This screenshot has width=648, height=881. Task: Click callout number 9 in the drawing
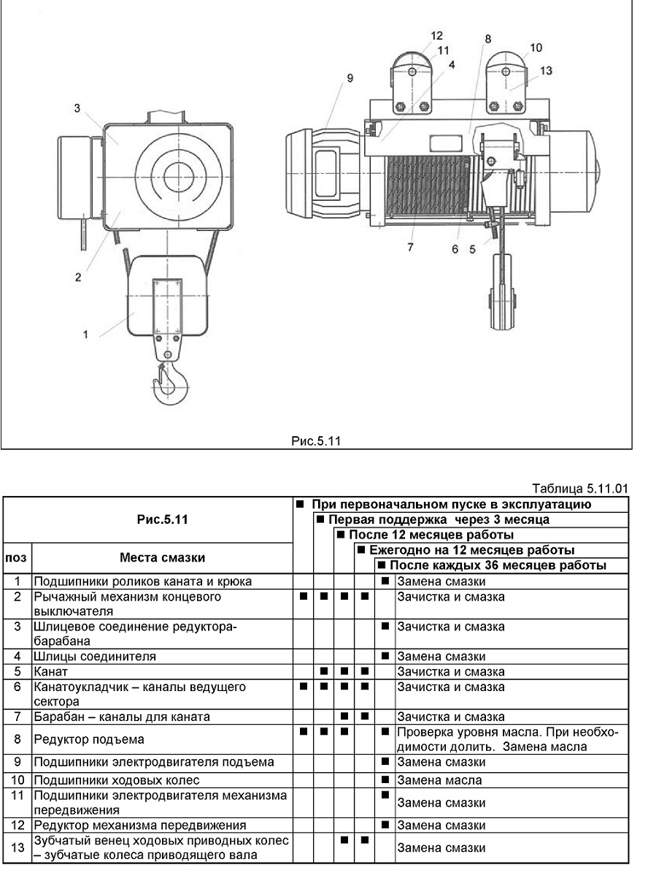pos(350,78)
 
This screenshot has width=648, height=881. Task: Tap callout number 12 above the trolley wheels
pos(436,36)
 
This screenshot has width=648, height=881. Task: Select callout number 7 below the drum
pos(410,247)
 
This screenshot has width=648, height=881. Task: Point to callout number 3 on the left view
pos(77,108)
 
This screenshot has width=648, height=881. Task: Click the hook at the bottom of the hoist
pos(171,383)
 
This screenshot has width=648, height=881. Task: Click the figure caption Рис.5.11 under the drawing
pos(316,441)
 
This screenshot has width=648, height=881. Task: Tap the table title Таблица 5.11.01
pos(580,489)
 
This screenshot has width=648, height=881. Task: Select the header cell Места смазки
pos(162,557)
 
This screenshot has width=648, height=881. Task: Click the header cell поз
pos(16,557)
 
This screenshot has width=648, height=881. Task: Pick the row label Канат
pos(50,671)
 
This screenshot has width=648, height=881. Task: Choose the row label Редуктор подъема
pos(89,739)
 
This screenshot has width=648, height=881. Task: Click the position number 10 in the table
pos(18,780)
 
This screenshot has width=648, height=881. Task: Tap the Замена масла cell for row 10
pos(439,780)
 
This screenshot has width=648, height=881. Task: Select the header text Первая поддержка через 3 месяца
pos(439,519)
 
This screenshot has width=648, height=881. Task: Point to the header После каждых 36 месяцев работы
pos(498,565)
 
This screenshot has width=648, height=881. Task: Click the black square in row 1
pos(385,581)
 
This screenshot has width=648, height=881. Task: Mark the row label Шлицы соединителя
pos(95,656)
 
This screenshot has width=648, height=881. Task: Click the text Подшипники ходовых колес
pos(116,780)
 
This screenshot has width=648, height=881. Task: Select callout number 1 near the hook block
pos(85,335)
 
